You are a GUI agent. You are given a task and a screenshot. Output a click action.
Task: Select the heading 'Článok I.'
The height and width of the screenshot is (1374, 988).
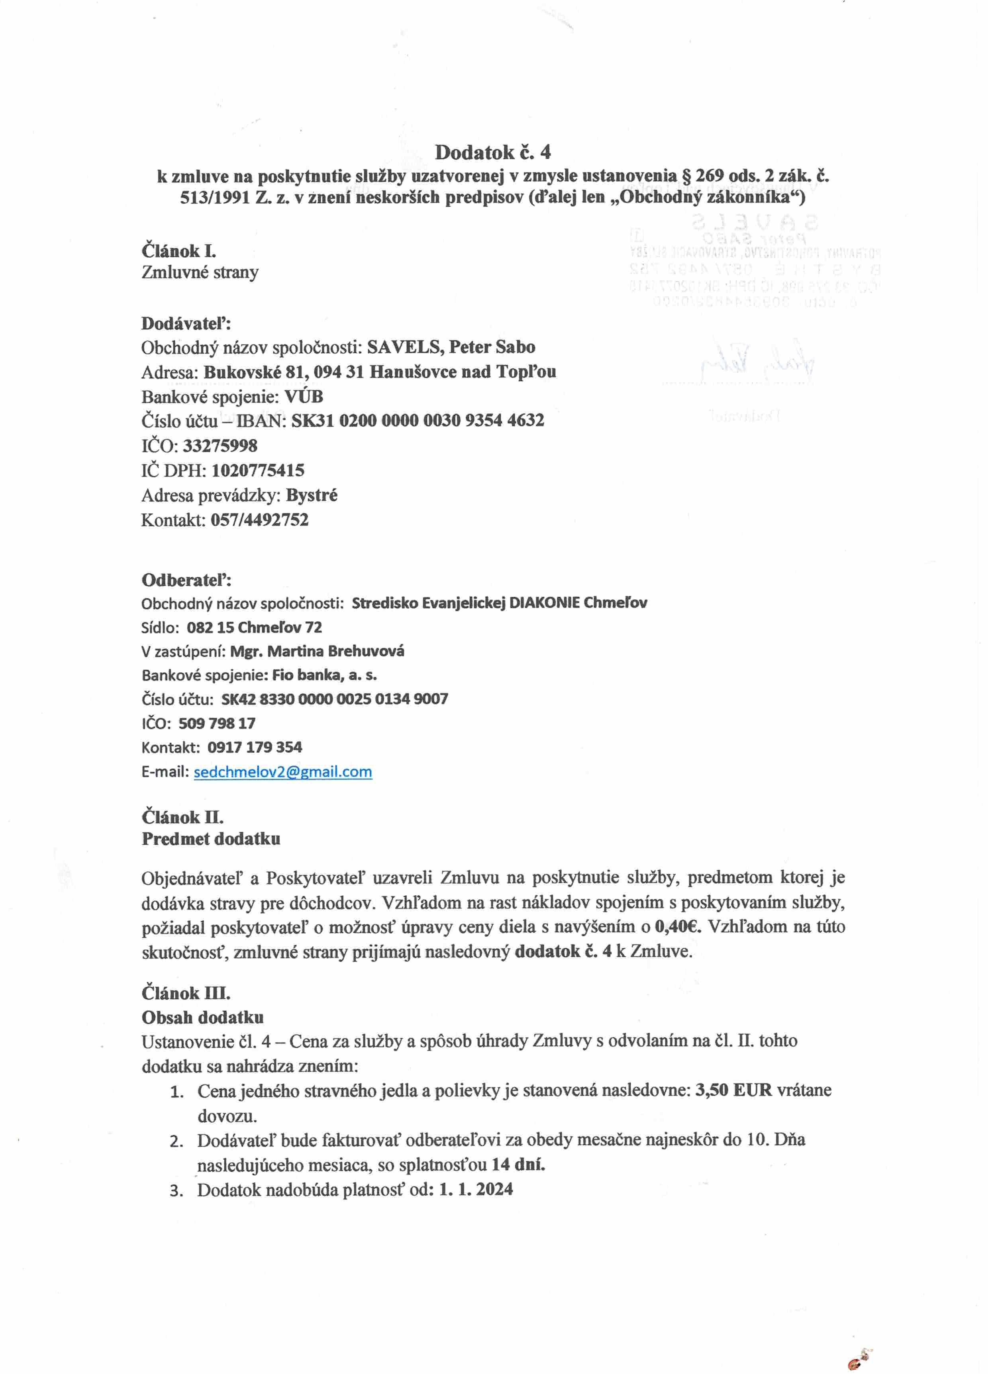pyautogui.click(x=179, y=251)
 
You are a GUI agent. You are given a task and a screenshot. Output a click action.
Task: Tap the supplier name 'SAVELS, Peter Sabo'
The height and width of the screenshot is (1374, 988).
pyautogui.click(x=451, y=347)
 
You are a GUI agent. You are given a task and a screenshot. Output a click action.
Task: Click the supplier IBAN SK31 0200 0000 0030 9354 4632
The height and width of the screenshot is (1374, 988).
pyautogui.click(x=418, y=421)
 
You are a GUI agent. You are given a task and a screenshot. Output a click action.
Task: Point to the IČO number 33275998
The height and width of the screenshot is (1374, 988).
pyautogui.click(x=220, y=446)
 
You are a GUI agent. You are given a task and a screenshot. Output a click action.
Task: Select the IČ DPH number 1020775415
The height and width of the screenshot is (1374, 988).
pyautogui.click(x=258, y=470)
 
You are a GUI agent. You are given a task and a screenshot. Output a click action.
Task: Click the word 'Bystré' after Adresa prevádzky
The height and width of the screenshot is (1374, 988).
pyautogui.click(x=312, y=495)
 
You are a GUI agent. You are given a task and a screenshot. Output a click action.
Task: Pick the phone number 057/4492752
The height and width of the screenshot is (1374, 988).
pyautogui.click(x=259, y=520)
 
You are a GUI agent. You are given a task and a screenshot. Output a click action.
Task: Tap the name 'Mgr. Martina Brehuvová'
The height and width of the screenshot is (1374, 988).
pyautogui.click(x=317, y=651)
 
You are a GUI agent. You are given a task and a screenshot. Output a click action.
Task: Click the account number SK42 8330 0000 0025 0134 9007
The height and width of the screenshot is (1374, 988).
pyautogui.click(x=335, y=699)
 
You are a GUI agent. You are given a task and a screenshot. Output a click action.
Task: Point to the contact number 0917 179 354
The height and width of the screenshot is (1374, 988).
pyautogui.click(x=255, y=747)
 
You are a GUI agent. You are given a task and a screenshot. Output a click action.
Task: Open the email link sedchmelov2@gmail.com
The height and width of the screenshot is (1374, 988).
pyautogui.click(x=282, y=772)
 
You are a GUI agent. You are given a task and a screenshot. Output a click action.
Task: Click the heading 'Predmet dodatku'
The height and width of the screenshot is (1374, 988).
pyautogui.click(x=211, y=839)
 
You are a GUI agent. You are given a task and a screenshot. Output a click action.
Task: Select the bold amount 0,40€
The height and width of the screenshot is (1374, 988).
pyautogui.click(x=678, y=927)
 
